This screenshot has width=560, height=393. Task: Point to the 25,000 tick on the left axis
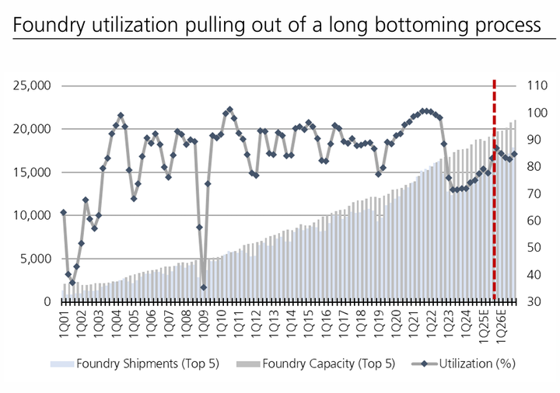click(30, 85)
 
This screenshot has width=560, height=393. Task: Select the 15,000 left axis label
click(30, 172)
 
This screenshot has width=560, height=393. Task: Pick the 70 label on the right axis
click(536, 193)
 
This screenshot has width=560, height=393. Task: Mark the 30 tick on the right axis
click(536, 301)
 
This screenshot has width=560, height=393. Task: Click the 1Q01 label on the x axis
click(64, 321)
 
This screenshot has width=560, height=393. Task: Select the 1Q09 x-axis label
click(203, 321)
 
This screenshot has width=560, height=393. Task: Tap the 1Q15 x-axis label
click(307, 321)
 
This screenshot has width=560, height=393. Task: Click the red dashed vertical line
click(494, 194)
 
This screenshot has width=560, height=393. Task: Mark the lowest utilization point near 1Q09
click(204, 287)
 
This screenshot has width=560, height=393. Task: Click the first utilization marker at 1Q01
click(64, 212)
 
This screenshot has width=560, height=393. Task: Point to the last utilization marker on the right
click(514, 154)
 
